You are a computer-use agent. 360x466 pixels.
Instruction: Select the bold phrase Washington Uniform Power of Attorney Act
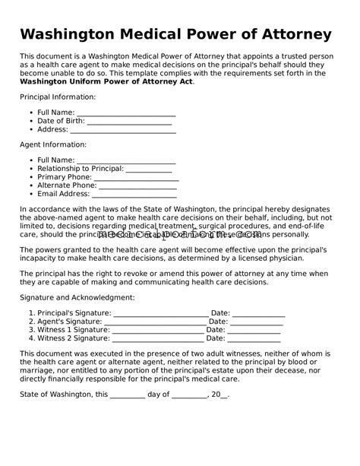click(x=106, y=82)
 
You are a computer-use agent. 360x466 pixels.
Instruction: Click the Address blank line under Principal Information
click(x=123, y=132)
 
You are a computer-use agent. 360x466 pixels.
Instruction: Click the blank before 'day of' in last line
click(x=128, y=397)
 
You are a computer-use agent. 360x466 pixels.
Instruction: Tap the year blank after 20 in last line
click(x=223, y=397)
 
